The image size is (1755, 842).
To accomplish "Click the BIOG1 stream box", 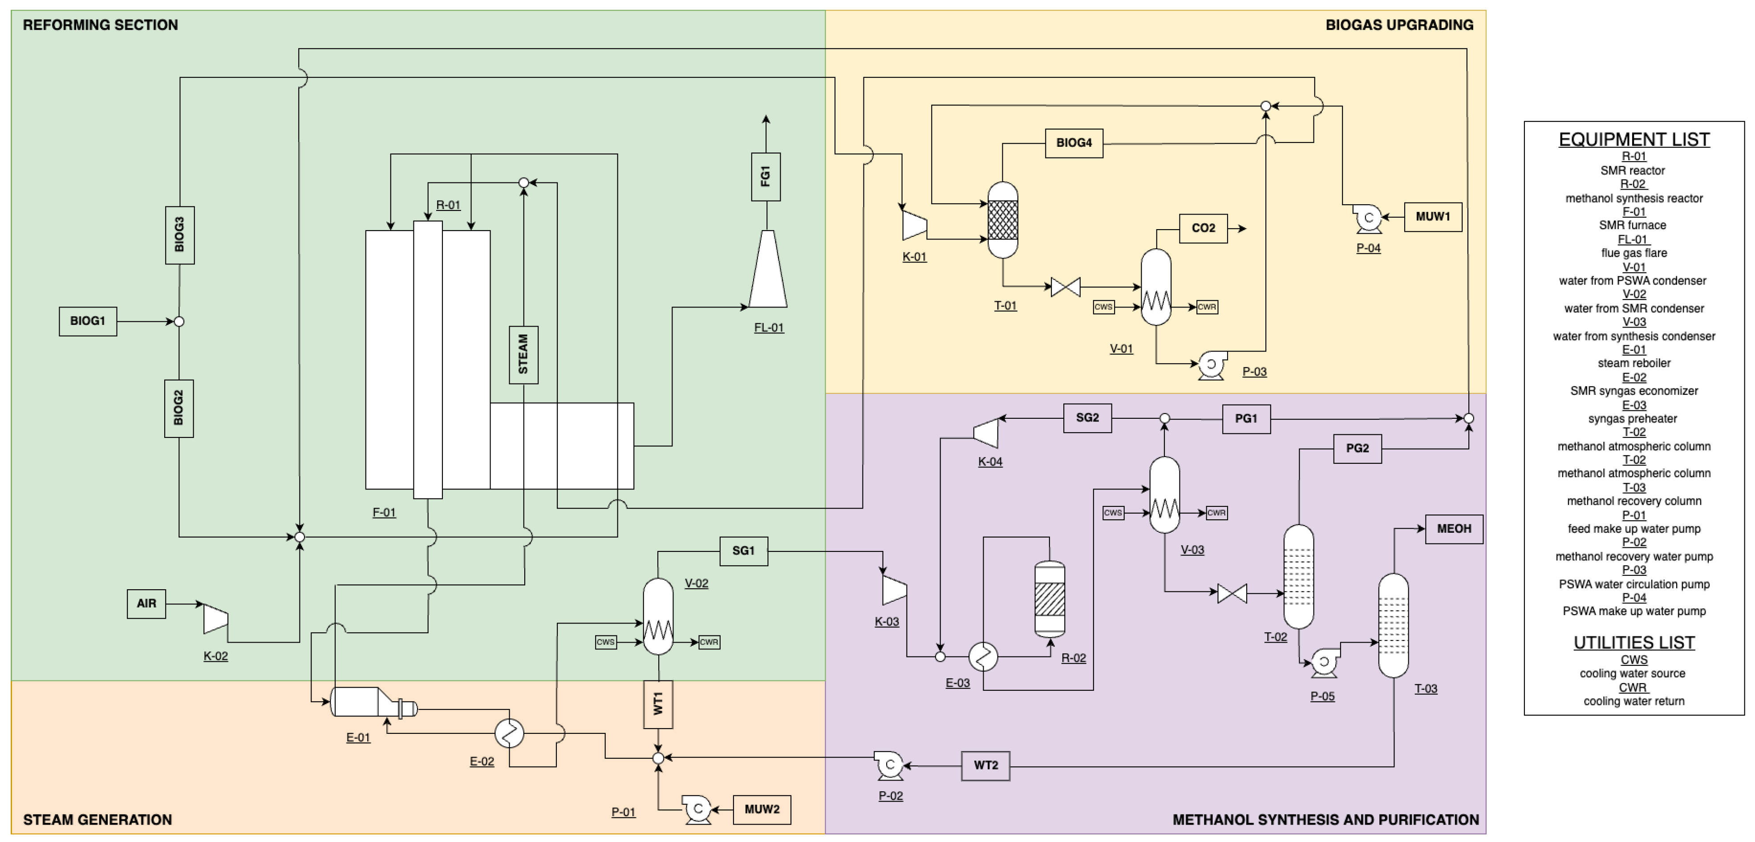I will click(88, 321).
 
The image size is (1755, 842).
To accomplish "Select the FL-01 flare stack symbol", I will click(768, 271).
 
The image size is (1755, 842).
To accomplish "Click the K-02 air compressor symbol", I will click(216, 619).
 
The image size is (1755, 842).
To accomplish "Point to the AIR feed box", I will click(146, 603).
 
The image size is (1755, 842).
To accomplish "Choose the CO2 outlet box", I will click(1203, 228).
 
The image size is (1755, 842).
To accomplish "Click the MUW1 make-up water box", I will click(1433, 217).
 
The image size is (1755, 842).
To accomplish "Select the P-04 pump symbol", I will click(1367, 218).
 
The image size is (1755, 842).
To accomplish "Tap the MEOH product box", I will click(1454, 529).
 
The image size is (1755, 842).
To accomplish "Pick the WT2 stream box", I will click(985, 766).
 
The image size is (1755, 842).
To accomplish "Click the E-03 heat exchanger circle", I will click(983, 657).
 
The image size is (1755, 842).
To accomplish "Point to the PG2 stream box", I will click(1357, 448).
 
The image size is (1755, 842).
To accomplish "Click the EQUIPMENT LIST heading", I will click(1634, 140).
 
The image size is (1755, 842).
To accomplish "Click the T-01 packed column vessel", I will click(1003, 219).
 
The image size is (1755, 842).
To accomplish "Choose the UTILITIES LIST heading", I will click(1634, 642).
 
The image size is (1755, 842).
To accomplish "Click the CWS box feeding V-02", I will click(606, 642).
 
